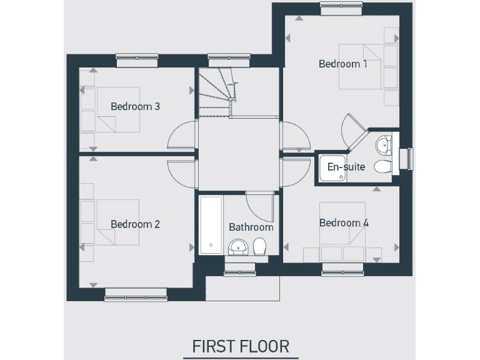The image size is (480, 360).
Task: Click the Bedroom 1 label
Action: [x=343, y=64]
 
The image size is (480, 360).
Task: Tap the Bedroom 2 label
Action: [x=136, y=224]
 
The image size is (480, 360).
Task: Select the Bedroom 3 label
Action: [x=136, y=106]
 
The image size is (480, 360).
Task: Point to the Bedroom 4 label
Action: [x=344, y=223]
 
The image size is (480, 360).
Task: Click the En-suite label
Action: [x=346, y=167]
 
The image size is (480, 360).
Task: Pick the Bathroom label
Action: [x=251, y=227]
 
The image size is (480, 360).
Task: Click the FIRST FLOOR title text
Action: [x=241, y=346]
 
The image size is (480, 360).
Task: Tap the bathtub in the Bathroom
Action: [x=211, y=225]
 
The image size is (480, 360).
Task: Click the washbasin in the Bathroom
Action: [x=237, y=248]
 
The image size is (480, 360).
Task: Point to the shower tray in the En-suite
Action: [x=331, y=167]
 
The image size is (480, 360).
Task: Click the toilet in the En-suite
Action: [x=382, y=166]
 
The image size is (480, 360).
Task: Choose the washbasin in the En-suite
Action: [x=383, y=146]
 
